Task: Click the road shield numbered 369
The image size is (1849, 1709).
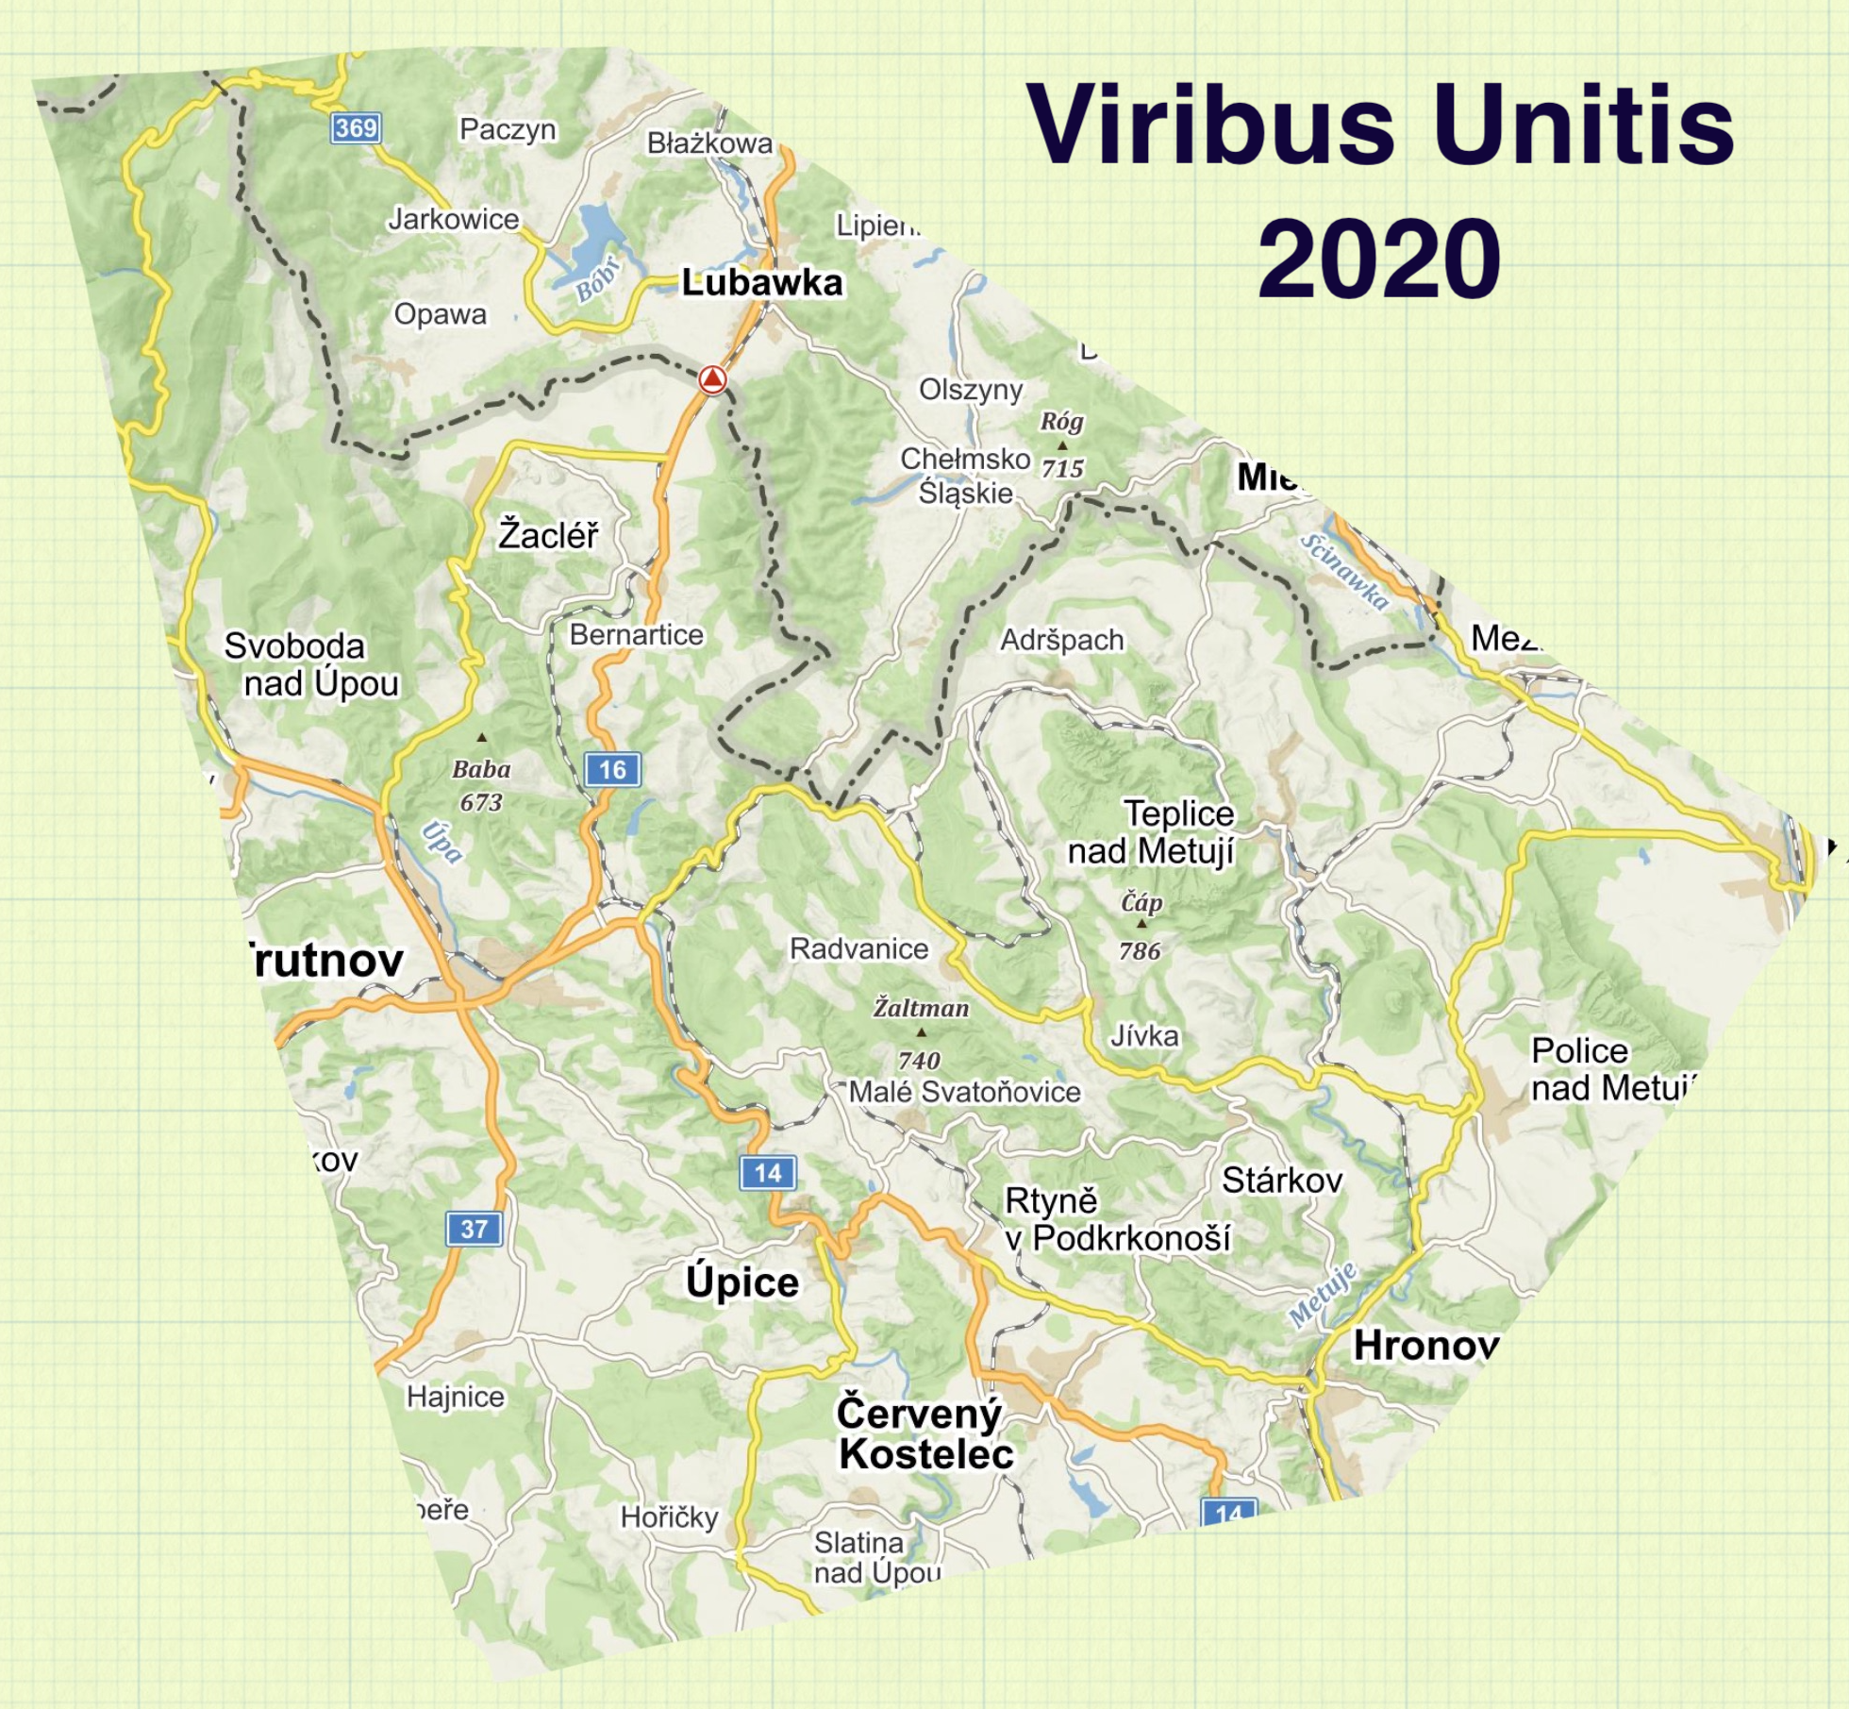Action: click(356, 127)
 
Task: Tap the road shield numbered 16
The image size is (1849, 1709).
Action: click(612, 769)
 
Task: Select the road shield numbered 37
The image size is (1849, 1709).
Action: click(474, 1229)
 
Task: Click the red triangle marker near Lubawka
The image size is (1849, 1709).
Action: click(712, 379)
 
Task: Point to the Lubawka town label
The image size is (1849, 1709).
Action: click(761, 282)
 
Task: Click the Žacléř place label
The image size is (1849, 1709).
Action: click(548, 534)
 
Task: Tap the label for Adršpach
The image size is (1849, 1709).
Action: click(1061, 640)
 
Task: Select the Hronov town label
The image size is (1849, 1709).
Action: click(1425, 1346)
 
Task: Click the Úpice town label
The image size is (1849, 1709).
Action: click(742, 1282)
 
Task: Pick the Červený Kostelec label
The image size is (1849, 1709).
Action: click(924, 1433)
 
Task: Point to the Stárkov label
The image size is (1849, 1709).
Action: click(1281, 1180)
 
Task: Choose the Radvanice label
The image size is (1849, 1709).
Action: click(858, 948)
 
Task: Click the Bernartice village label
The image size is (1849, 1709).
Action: click(636, 635)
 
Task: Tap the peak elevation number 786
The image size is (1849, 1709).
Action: click(1140, 950)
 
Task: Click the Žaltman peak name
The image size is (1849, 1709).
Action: click(921, 1008)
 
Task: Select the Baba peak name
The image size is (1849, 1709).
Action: click(481, 769)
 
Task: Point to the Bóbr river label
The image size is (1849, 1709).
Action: click(597, 278)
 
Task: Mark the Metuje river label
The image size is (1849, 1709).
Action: click(1323, 1294)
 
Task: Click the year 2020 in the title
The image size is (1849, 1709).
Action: click(1378, 257)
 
